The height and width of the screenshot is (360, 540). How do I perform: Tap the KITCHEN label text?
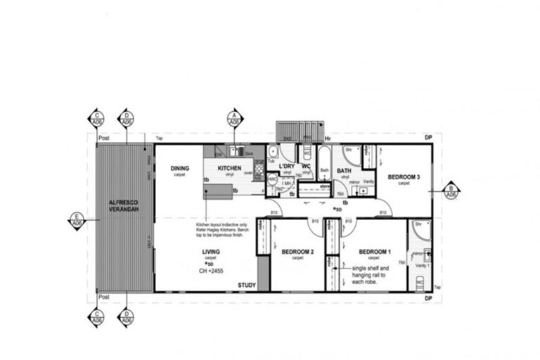tap(229, 169)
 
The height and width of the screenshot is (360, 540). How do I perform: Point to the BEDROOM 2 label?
tap(297, 252)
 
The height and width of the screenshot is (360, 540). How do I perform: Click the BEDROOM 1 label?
tap(375, 252)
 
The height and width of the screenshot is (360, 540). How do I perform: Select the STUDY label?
tap(246, 285)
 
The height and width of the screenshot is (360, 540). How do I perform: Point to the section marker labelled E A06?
tap(77, 219)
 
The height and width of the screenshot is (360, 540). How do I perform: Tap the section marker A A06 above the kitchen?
tap(234, 119)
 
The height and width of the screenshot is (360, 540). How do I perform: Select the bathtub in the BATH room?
tap(324, 162)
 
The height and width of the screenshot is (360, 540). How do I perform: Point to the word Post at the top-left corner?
tap(105, 139)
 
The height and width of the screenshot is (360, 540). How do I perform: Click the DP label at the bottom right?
tap(427, 298)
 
